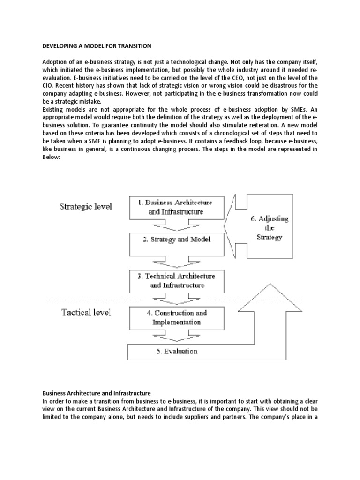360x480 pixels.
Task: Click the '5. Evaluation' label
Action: tap(176, 351)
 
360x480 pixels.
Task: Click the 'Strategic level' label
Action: tap(85, 207)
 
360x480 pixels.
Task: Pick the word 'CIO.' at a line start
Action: tap(49, 86)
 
